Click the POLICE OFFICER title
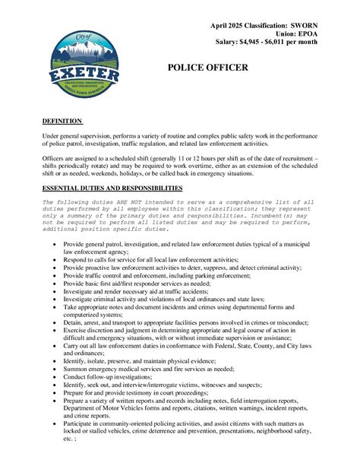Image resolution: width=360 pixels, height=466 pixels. pyautogui.click(x=207, y=68)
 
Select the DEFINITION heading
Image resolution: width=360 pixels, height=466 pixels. pyautogui.click(x=62, y=121)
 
